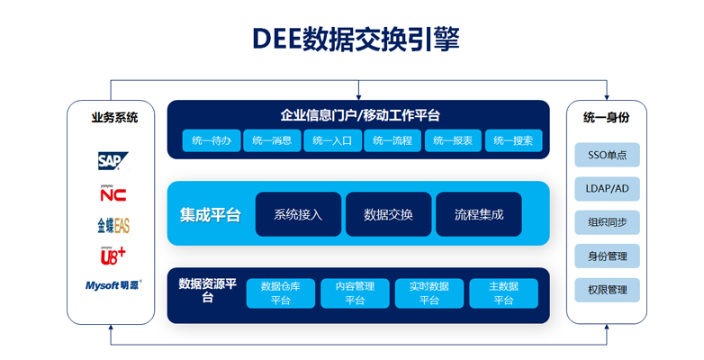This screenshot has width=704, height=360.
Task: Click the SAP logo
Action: click(113, 161)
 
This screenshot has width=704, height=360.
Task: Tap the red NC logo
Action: click(113, 193)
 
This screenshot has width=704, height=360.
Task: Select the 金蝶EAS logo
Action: click(113, 225)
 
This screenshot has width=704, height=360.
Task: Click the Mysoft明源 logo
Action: click(113, 286)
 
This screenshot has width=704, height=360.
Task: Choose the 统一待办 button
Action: click(212, 140)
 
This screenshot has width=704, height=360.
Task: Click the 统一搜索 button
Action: click(514, 140)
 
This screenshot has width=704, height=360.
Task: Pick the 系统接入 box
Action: click(298, 214)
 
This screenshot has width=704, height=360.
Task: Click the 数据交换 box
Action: click(388, 214)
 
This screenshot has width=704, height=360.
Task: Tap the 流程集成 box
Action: click(478, 214)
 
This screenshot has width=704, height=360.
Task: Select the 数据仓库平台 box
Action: click(280, 293)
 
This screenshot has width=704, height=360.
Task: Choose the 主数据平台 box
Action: click(503, 293)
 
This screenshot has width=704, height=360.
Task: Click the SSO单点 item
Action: click(607, 155)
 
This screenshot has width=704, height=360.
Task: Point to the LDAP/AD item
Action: click(607, 188)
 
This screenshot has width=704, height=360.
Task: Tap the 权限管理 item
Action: click(607, 290)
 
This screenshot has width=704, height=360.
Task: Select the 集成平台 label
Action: click(210, 215)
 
